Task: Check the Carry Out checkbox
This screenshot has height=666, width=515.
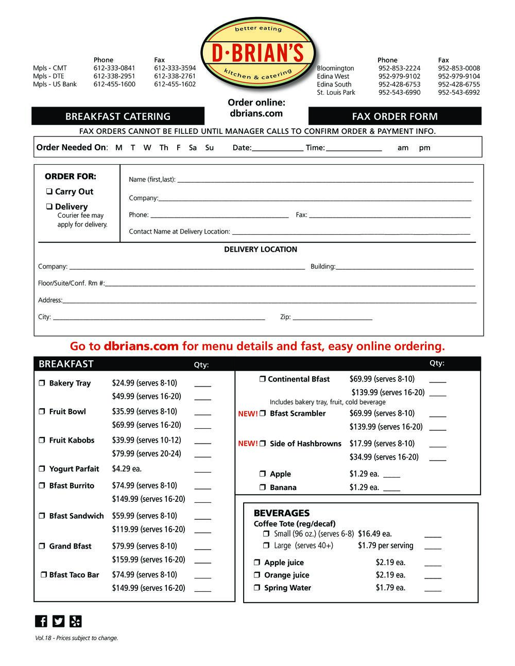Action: coord(49,191)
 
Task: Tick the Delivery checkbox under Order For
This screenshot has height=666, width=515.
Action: coord(49,206)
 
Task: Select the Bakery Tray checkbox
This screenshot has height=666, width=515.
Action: coord(42,383)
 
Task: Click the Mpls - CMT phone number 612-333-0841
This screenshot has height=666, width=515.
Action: coord(114,68)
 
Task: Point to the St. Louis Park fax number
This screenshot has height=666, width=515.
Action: coord(459,93)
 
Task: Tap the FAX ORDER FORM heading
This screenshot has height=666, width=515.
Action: coord(394,116)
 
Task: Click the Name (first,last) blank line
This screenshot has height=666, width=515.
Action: coord(324,181)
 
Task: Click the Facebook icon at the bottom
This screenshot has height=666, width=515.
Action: coord(41,621)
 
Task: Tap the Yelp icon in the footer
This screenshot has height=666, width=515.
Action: coord(76,621)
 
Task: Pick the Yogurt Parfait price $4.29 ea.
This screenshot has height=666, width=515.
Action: coord(127,469)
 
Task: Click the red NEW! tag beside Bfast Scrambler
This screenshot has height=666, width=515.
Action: coord(248,414)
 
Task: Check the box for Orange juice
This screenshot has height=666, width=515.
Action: coord(257,575)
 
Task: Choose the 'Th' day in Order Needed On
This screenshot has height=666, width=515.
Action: coord(164,148)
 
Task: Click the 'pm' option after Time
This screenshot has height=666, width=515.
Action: coord(424,148)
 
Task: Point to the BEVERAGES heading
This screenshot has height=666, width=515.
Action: coord(282,513)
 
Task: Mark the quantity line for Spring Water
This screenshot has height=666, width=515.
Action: coord(433,589)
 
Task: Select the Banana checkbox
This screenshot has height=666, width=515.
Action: coord(262,487)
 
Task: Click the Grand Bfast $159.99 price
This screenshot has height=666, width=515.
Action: coord(148,559)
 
